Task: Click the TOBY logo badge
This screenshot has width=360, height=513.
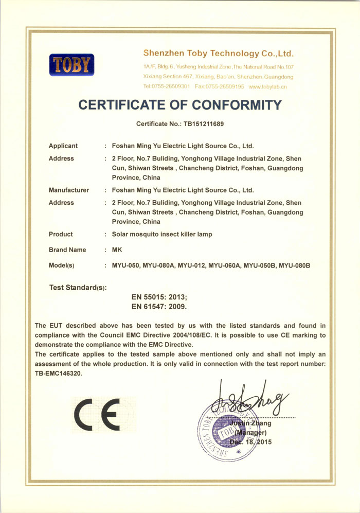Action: (72, 65)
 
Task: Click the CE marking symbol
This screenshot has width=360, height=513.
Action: (97, 416)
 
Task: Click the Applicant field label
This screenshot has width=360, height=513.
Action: (63, 146)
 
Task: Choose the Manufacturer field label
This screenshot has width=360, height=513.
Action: (69, 190)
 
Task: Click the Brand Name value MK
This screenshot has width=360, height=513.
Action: (116, 250)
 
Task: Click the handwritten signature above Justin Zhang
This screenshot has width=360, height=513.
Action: (252, 399)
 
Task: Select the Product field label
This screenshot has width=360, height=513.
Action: (61, 234)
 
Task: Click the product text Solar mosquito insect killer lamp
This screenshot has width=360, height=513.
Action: (162, 234)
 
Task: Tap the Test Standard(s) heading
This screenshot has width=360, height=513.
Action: (78, 288)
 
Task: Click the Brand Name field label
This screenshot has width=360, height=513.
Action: (67, 250)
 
